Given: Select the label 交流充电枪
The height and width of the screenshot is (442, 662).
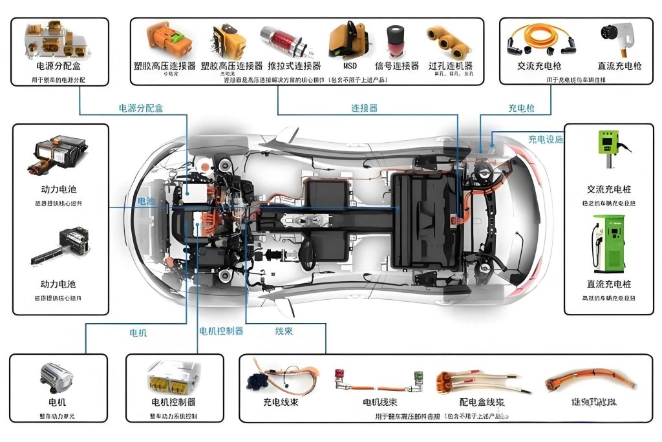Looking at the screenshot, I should coord(539,66).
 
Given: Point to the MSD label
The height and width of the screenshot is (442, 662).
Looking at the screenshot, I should coord(350,66).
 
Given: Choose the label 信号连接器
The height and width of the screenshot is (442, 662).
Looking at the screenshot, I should coord(397,66).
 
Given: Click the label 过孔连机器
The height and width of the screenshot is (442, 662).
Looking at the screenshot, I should coord(450,66).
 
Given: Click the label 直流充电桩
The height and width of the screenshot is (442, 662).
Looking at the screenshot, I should coord(608,284).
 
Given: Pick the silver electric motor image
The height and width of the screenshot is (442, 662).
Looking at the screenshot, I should coord(57,379).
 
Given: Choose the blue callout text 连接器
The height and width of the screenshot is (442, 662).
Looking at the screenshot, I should coord(364,108).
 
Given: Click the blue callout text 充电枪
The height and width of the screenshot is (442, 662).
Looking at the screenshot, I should coord(521,109).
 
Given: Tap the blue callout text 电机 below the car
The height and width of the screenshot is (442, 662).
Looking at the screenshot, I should coord(138,333).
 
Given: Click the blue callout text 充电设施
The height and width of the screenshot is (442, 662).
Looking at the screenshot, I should coord(546,139).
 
